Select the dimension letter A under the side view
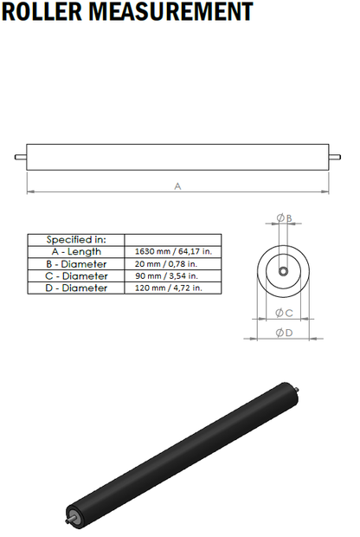[x=178, y=186]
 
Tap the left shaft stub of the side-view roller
[x=20, y=157]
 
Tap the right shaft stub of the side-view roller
[x=336, y=157]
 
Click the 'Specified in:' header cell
[x=76, y=239]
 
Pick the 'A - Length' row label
[x=76, y=251]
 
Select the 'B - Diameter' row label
[x=76, y=263]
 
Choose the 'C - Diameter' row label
[x=76, y=275]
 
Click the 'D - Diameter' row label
[x=76, y=288]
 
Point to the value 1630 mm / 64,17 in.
[x=173, y=251]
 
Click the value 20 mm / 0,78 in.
[x=167, y=263]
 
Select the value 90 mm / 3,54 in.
[x=167, y=275]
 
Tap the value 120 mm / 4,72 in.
[x=169, y=288]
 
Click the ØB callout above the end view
[x=284, y=217]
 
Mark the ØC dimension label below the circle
[x=284, y=312]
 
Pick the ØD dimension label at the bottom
[x=284, y=333]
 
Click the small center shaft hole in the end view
[x=284, y=271]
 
